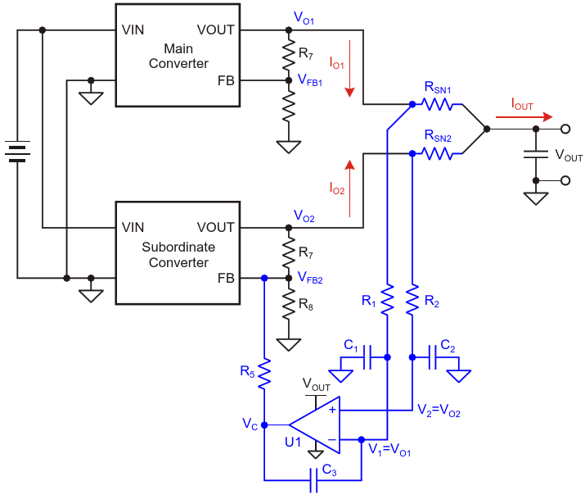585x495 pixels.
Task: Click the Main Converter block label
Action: [178, 56]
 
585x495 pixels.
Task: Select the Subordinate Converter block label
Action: [178, 255]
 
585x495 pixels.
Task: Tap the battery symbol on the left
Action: [17, 152]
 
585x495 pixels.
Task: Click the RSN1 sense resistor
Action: [437, 105]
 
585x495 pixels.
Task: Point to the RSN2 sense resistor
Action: [437, 153]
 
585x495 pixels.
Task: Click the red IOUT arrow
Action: [524, 117]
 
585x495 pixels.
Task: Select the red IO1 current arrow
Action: [349, 69]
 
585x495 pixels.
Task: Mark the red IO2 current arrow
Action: [349, 188]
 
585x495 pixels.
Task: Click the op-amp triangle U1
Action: [314, 425]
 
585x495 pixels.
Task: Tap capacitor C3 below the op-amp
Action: [314, 480]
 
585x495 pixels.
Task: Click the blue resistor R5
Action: [264, 375]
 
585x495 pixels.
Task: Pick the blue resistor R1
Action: [387, 300]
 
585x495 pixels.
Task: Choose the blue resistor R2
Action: [412, 300]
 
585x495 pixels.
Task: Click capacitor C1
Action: [367, 357]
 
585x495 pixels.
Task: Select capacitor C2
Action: [432, 357]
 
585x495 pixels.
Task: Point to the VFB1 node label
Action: [310, 80]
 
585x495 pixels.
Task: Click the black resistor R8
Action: [288, 304]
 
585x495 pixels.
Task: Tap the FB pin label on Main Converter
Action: [226, 80]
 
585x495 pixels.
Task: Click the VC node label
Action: [250, 425]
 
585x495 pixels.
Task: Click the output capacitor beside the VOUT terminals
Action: [536, 154]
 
